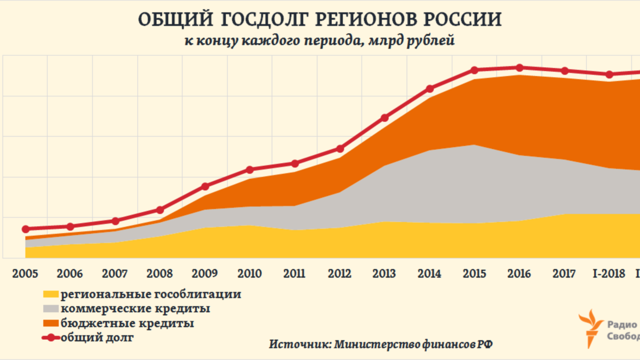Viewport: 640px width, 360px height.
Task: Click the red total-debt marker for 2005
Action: point(25,229)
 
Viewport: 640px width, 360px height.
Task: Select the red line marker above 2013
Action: point(385,117)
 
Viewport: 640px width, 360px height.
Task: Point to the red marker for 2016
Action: point(519,68)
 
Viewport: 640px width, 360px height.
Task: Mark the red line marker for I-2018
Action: point(610,74)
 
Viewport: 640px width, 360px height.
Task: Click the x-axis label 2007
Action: point(115,274)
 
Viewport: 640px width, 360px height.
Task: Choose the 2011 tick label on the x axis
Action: point(294,274)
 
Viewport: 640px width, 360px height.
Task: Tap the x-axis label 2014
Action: point(429,274)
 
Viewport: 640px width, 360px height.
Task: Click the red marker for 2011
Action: point(294,163)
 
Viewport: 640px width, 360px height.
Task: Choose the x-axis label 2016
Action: point(519,274)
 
